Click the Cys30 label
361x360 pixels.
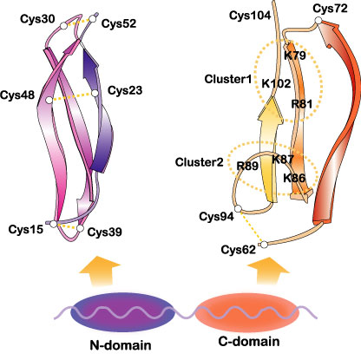coord(37,19)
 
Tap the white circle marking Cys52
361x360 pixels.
coord(92,19)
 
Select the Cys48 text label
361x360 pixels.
coord(17,95)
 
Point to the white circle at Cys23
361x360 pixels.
coord(95,94)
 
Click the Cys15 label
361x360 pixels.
coord(26,229)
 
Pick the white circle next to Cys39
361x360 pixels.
coord(80,228)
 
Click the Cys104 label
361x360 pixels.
coord(250,16)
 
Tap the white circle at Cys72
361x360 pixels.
coord(318,20)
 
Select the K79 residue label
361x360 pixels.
coord(295,55)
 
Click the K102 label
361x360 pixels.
coord(276,83)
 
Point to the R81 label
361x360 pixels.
coord(302,103)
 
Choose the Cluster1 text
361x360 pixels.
coord(228,79)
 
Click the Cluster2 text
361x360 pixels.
coord(200,162)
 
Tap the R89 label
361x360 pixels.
coord(247,166)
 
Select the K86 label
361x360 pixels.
coord(294,178)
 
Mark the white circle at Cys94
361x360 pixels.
coord(238,209)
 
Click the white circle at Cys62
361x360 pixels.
coord(265,245)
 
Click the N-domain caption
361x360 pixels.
coord(121,345)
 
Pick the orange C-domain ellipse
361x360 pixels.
coord(246,314)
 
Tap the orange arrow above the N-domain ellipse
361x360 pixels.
coord(100,271)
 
